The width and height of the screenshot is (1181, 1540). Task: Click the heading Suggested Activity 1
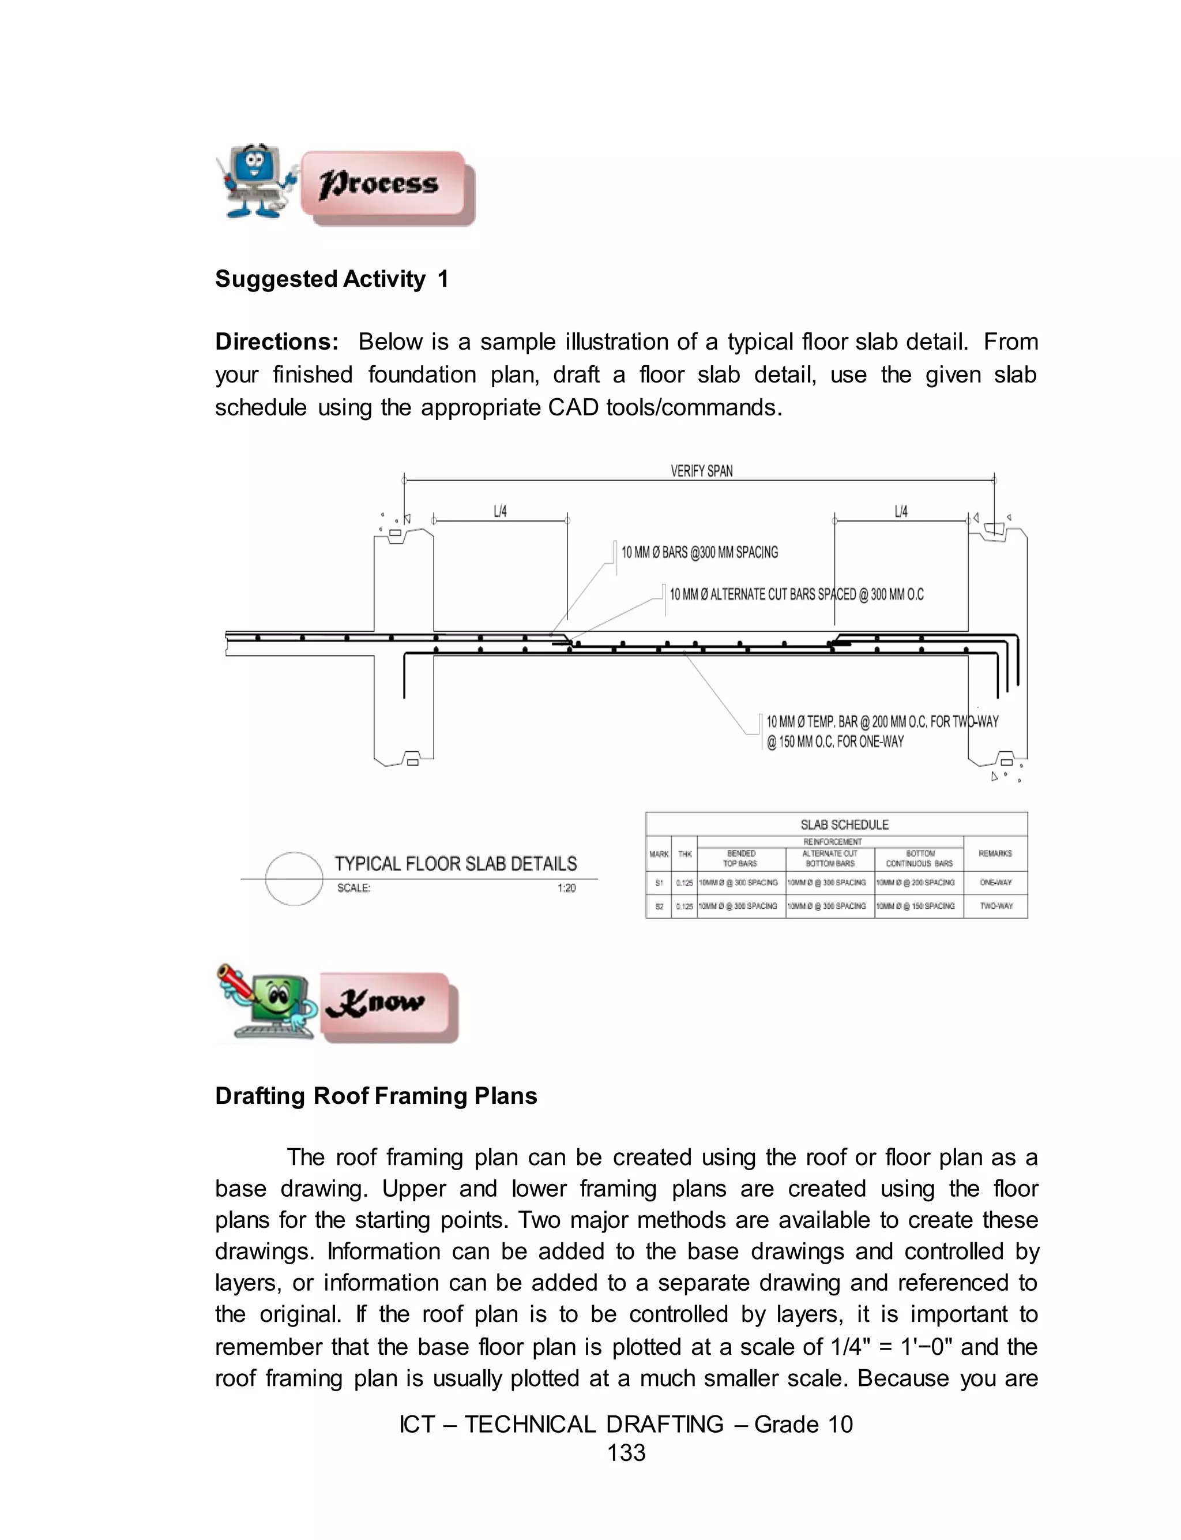[331, 279]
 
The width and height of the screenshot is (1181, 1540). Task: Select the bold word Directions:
[277, 342]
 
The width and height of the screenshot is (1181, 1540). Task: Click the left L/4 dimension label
[500, 512]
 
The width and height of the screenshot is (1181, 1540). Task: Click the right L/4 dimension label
[901, 512]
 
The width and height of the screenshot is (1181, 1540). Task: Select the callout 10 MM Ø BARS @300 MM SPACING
[699, 553]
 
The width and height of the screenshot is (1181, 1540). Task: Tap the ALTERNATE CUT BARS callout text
[796, 595]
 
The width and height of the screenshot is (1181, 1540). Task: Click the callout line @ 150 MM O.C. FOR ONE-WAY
[834, 742]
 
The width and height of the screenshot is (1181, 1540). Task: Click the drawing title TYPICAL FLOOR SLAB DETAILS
[456, 864]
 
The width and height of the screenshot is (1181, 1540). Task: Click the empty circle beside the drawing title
[294, 878]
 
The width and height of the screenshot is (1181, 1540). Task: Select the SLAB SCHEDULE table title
[844, 825]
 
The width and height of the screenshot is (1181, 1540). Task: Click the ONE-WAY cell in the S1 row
[995, 882]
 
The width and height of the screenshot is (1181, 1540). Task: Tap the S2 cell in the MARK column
[659, 906]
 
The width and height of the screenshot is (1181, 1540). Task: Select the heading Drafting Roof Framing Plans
[376, 1096]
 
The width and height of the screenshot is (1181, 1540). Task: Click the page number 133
[626, 1453]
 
